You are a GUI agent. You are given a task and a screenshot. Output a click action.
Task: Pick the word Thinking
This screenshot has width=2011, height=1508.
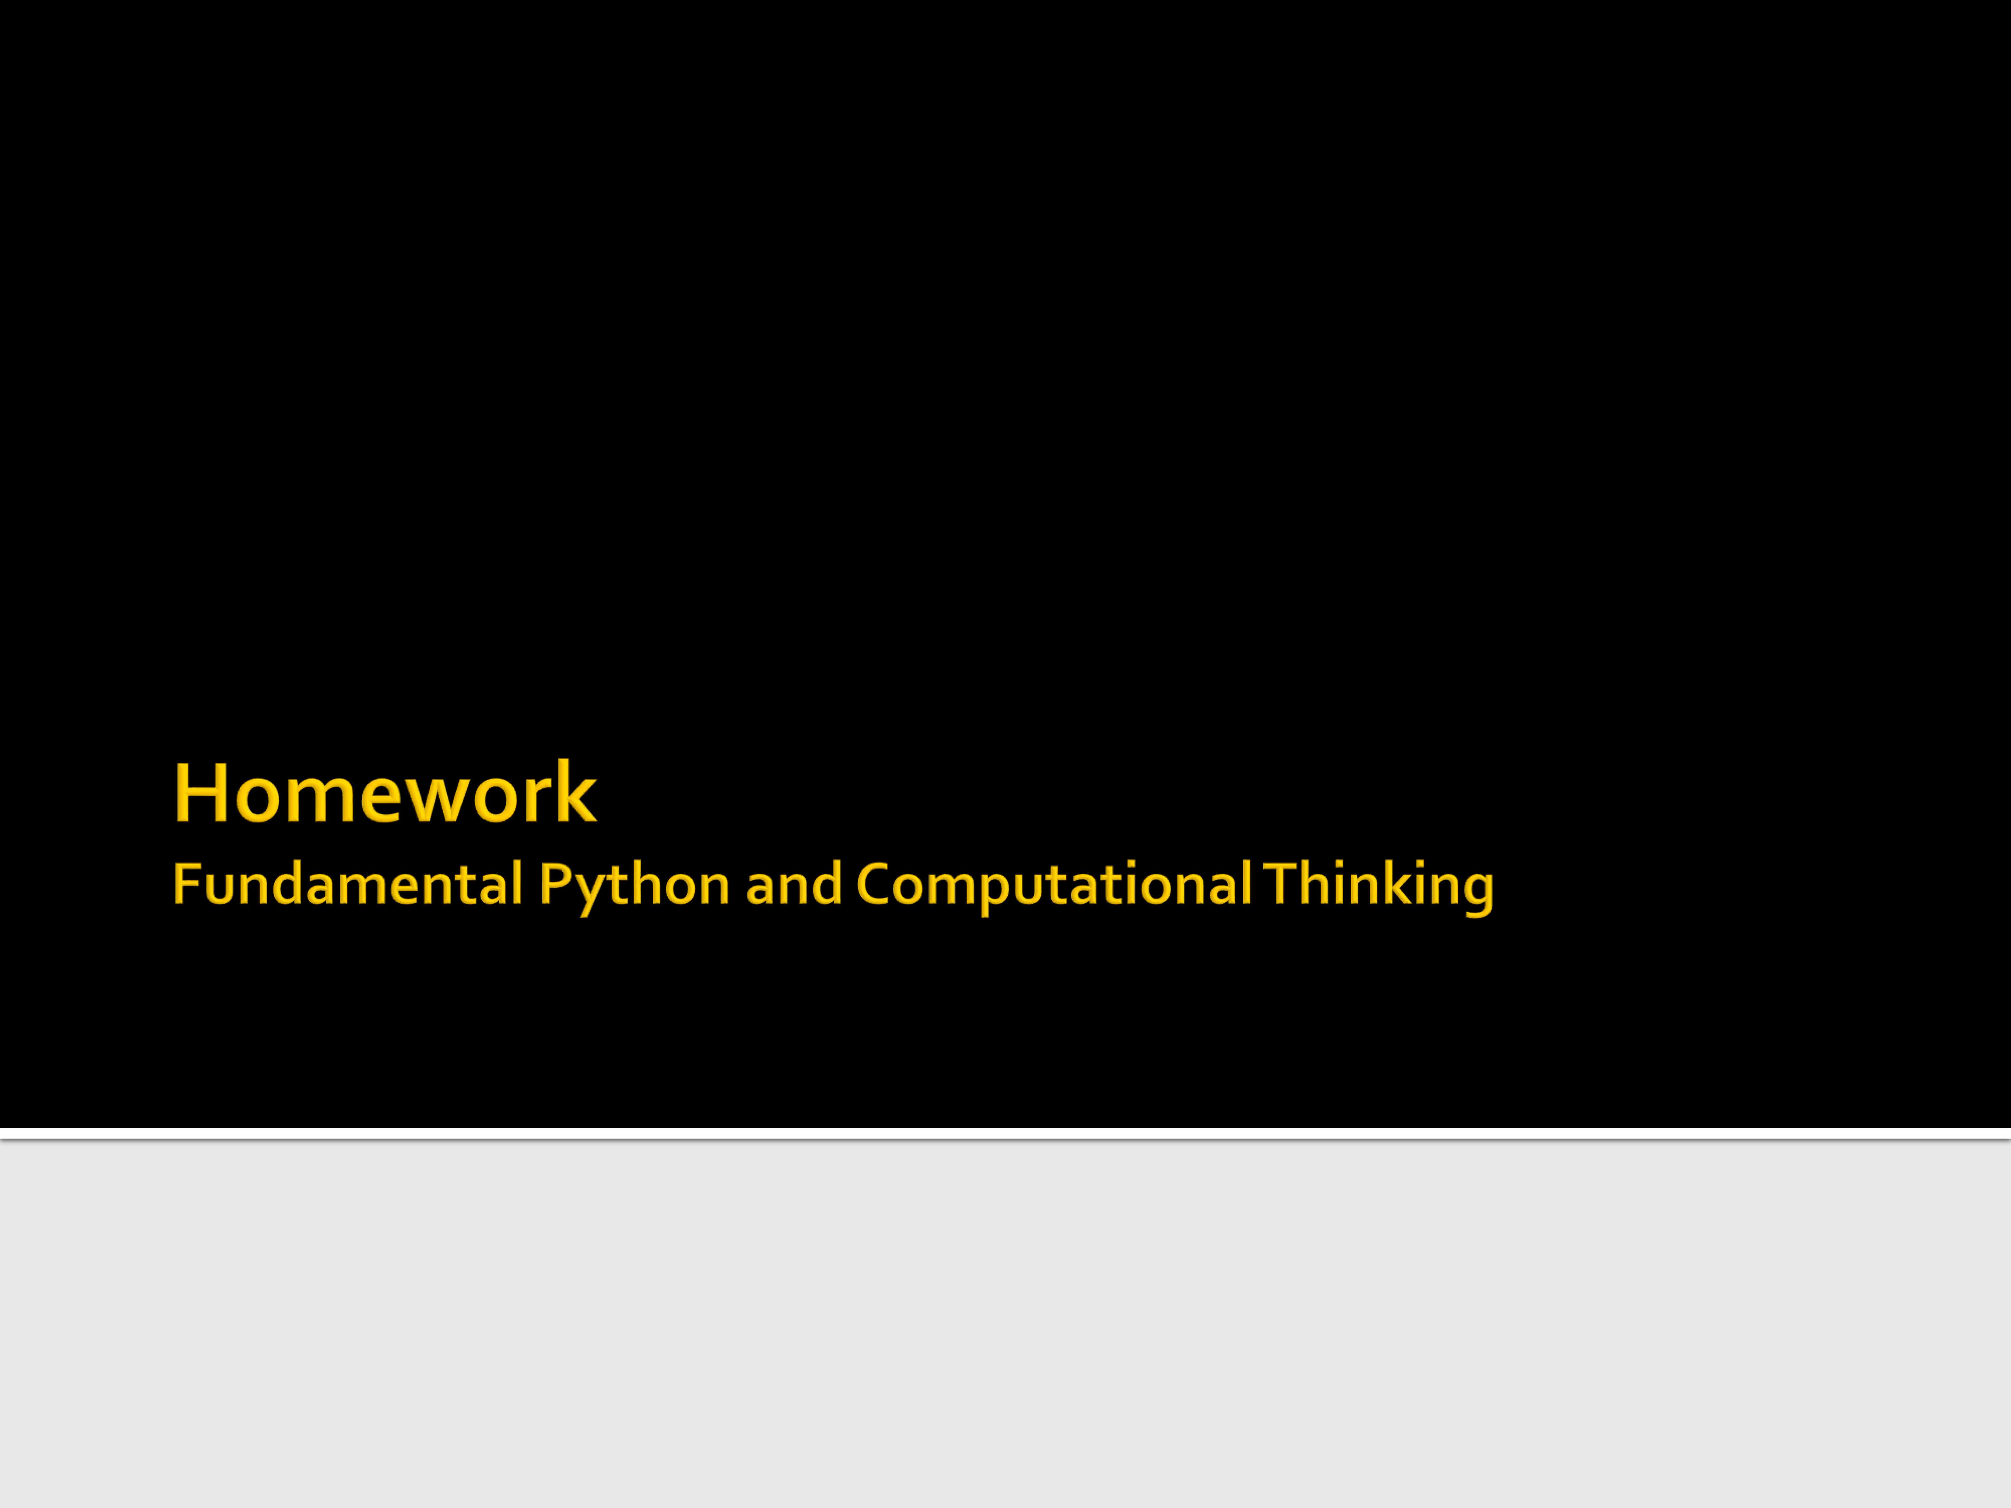(1378, 887)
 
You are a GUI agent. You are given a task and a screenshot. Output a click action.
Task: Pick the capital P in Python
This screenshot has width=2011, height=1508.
(554, 883)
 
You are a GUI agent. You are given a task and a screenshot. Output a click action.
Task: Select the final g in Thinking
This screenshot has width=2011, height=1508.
(1476, 895)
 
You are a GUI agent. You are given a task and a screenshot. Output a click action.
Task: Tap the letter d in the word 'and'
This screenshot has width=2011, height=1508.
(826, 883)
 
